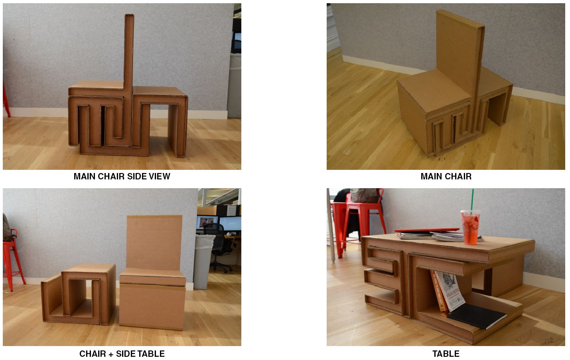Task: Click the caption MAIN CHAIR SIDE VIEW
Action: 122,176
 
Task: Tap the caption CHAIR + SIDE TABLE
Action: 122,354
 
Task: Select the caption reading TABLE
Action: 446,354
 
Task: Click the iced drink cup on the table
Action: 470,227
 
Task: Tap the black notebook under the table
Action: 476,316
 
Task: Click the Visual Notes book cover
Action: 450,291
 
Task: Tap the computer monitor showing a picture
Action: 207,223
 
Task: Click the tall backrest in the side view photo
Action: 129,51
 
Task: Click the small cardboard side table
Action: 78,294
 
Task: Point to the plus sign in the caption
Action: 111,354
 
